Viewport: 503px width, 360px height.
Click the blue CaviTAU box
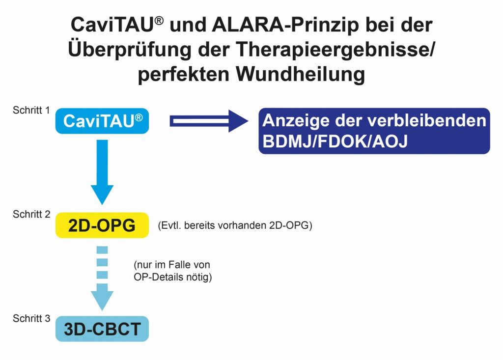click(x=102, y=121)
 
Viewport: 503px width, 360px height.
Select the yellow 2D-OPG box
click(x=102, y=225)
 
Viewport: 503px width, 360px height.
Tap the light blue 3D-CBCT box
click(x=102, y=329)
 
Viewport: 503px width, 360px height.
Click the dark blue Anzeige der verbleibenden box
click(x=374, y=131)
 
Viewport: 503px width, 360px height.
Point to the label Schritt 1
click(x=31, y=111)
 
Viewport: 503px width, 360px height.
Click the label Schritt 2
click(x=31, y=214)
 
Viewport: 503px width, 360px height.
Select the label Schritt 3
click(x=31, y=318)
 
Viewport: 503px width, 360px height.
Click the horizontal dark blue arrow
click(x=209, y=121)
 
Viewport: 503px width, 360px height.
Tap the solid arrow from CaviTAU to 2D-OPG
click(x=102, y=172)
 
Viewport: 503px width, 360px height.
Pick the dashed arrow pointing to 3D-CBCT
click(x=102, y=278)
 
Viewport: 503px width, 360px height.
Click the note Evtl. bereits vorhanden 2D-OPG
click(x=235, y=225)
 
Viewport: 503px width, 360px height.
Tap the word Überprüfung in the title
click(x=130, y=50)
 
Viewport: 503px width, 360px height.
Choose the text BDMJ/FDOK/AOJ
click(x=335, y=141)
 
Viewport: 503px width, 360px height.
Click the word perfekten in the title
click(x=184, y=75)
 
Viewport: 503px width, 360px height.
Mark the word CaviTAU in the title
click(x=117, y=25)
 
